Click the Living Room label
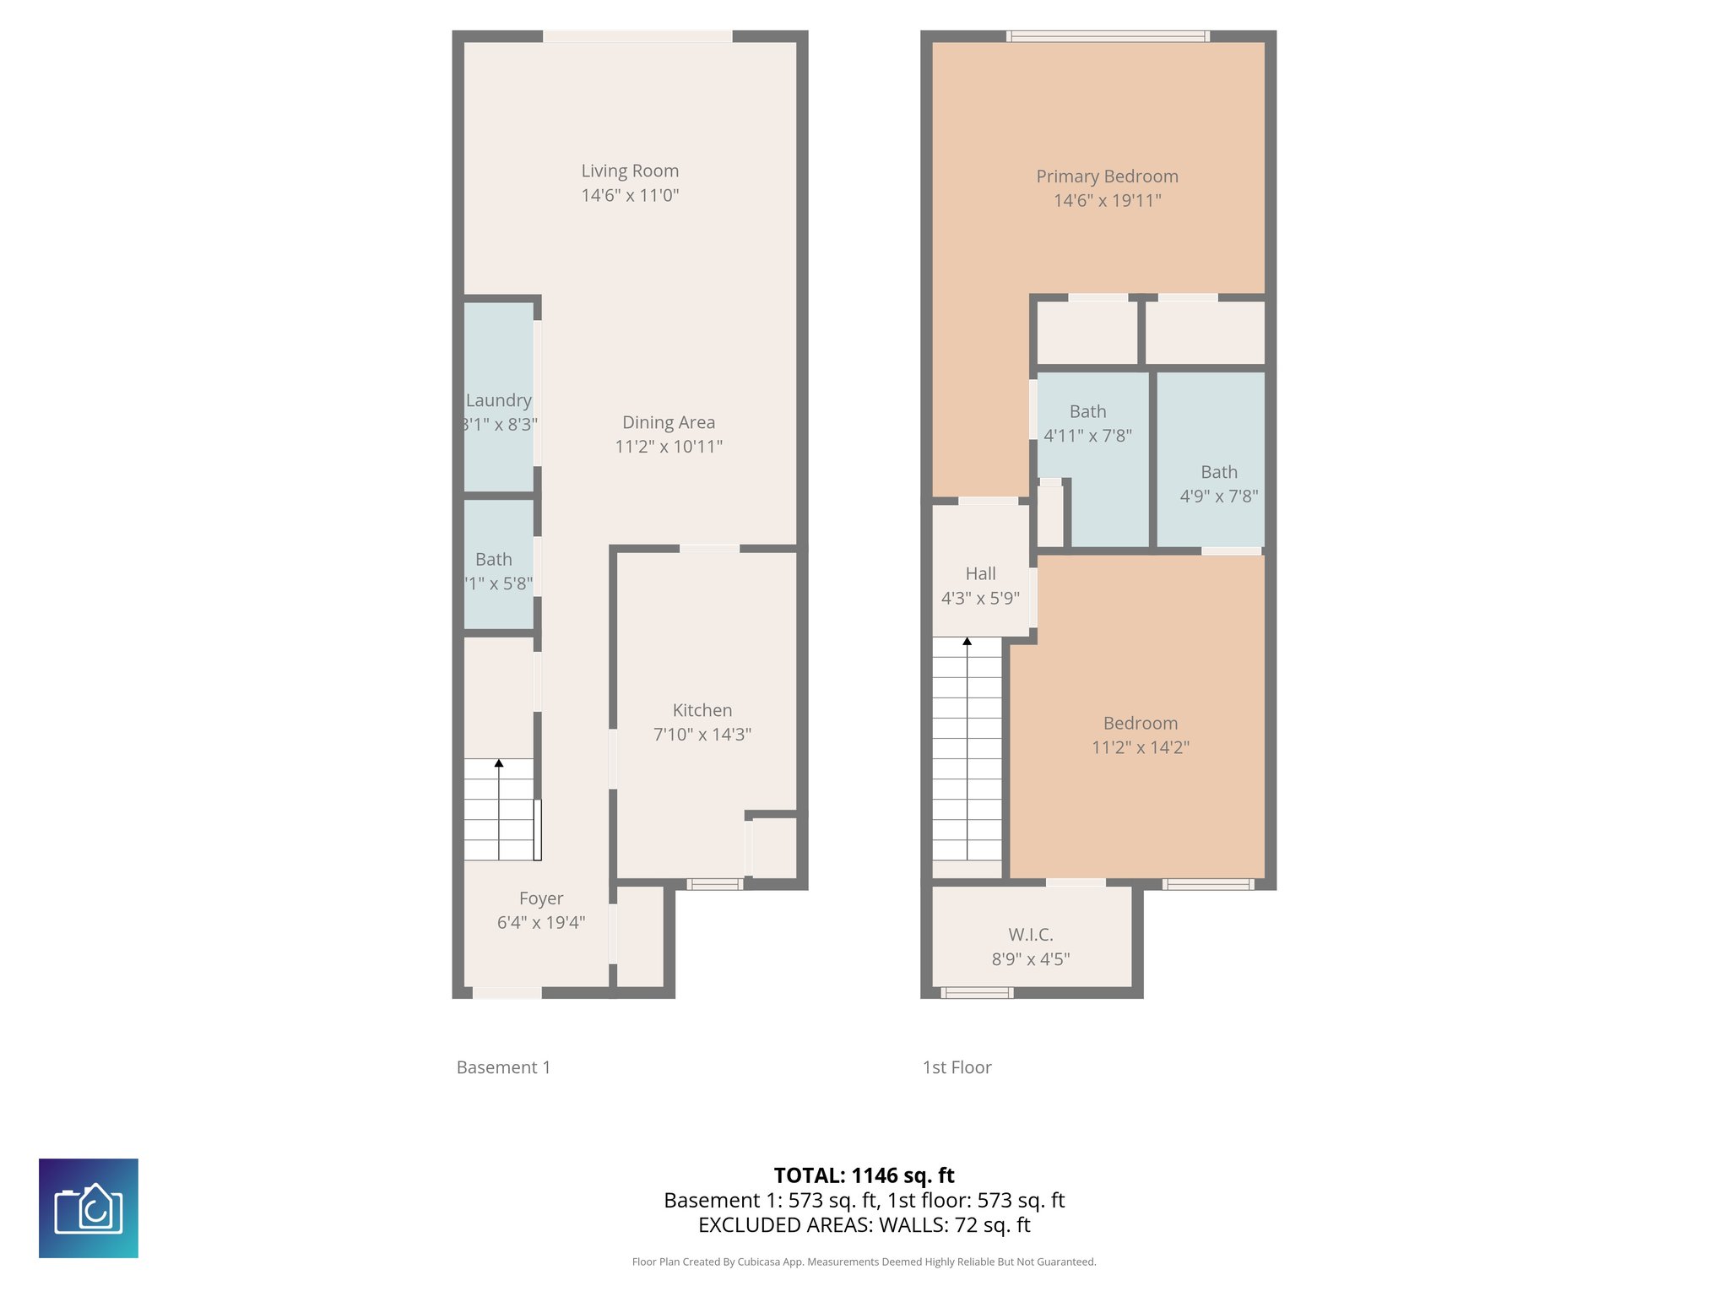tap(630, 171)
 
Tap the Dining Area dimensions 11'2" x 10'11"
tap(669, 447)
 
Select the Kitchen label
tap(702, 710)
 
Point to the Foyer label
tap(541, 898)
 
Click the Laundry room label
tap(499, 400)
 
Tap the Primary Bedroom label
tap(1107, 176)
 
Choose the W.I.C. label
tap(1030, 935)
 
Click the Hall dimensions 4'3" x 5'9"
tap(980, 599)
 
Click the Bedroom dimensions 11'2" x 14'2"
tap(1140, 747)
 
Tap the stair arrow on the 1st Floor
tap(967, 642)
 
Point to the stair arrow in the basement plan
tap(499, 763)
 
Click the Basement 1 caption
tap(503, 1067)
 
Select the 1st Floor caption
tap(957, 1067)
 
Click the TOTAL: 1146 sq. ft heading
tap(864, 1175)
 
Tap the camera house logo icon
tap(89, 1208)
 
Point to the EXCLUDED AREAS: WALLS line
tap(864, 1225)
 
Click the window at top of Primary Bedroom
tap(1108, 36)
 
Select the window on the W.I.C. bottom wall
tap(977, 993)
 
